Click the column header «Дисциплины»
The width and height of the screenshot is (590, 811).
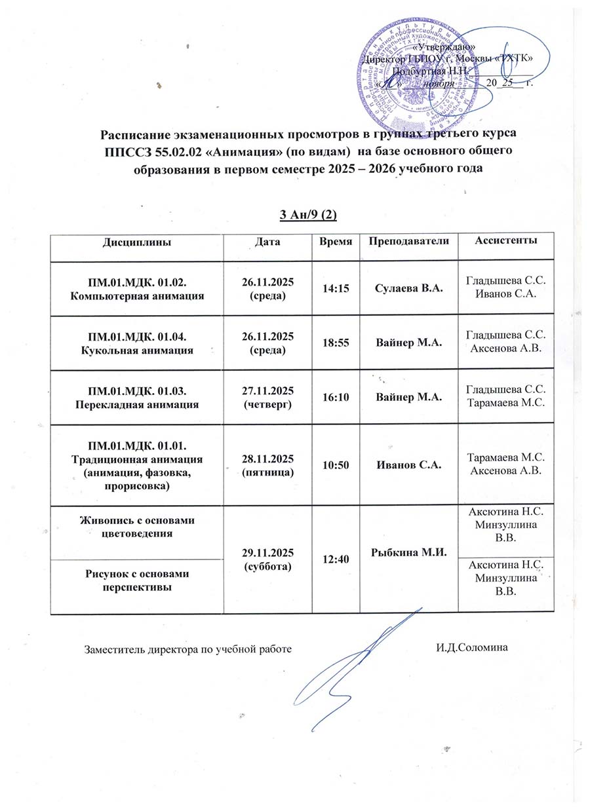[x=137, y=242]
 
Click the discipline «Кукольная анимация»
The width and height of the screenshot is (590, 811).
[x=137, y=350]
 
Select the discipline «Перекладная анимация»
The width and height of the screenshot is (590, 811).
[x=137, y=404]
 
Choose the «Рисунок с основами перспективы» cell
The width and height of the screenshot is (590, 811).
[x=137, y=580]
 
